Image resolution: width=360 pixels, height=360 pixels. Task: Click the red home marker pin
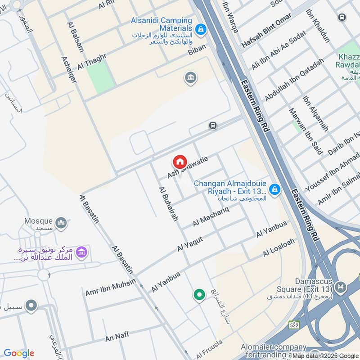[x=180, y=162]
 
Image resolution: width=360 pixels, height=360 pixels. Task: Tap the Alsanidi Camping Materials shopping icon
[x=201, y=30]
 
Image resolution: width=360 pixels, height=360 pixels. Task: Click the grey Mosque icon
[x=62, y=222]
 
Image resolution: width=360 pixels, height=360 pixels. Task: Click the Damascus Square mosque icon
[x=341, y=286]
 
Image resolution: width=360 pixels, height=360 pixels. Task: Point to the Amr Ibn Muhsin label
[x=110, y=288]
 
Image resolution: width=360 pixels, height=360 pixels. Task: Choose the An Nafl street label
[x=117, y=336]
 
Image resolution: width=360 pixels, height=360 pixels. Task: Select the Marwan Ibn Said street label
[x=306, y=131]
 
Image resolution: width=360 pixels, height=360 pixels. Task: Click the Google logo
[x=19, y=353]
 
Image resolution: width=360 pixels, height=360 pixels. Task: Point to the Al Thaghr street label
[x=91, y=61]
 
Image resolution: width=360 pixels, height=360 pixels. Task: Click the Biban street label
[x=197, y=48]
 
